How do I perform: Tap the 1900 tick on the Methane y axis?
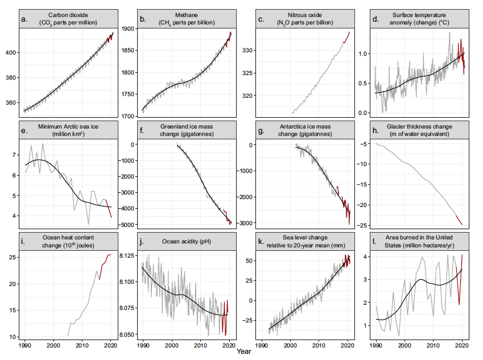(x=129, y=28)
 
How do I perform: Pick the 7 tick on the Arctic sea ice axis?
(x=16, y=155)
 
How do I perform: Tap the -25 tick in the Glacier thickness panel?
(x=363, y=225)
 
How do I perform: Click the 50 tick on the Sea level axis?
(x=249, y=260)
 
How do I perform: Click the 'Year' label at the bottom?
(x=244, y=352)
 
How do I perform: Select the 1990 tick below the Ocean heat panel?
(x=26, y=345)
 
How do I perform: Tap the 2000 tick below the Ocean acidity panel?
(x=171, y=345)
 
